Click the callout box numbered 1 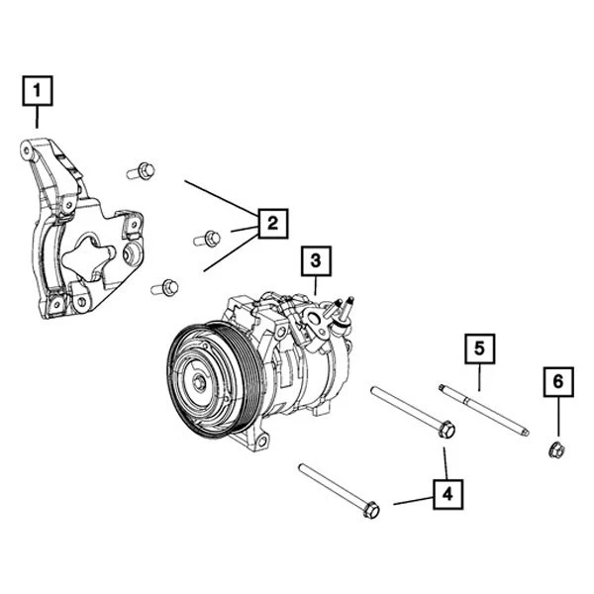(38, 93)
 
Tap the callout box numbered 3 (316, 261)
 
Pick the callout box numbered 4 (447, 492)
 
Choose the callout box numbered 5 (479, 348)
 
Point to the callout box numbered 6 (557, 381)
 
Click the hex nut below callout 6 (556, 451)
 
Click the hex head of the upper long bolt (446, 430)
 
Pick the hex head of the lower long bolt (371, 510)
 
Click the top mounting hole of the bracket (27, 150)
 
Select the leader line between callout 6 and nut (557, 418)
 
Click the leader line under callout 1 (38, 118)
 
